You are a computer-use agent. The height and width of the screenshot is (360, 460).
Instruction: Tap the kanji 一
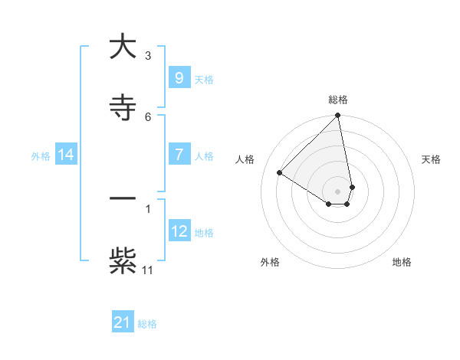tap(123, 199)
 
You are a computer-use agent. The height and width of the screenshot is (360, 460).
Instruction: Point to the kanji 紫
tap(123, 260)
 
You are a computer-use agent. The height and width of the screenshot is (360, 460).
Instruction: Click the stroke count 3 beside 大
tap(148, 55)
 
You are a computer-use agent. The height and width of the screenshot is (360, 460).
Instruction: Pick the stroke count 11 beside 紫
tap(148, 270)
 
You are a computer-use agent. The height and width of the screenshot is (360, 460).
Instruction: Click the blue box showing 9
tap(179, 78)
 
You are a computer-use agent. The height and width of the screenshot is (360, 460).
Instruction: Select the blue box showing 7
tap(179, 155)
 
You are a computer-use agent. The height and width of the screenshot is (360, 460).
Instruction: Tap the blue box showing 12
tap(179, 231)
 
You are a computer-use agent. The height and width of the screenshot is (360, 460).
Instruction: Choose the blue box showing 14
tap(66, 155)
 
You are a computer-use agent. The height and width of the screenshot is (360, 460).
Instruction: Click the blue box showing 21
tap(123, 322)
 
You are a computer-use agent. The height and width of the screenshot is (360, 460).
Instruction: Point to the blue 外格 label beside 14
tap(41, 156)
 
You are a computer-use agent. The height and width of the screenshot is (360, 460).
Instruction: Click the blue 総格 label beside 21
tap(147, 324)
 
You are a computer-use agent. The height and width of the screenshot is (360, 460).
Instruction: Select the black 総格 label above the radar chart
tap(338, 100)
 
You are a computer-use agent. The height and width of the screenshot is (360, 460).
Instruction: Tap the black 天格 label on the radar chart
tap(431, 159)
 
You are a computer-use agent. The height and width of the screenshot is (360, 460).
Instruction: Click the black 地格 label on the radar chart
tap(402, 262)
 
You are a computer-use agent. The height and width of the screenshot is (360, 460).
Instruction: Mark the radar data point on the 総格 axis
tap(337, 116)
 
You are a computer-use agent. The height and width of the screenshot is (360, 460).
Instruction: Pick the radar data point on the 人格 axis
tap(280, 173)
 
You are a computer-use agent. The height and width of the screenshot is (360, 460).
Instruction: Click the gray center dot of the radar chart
tap(337, 191)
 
